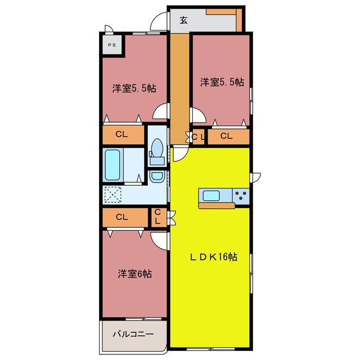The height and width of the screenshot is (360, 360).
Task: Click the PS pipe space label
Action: [x=112, y=45]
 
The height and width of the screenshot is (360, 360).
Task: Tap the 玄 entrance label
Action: [x=183, y=20]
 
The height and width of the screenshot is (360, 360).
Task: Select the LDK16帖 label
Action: [x=214, y=257]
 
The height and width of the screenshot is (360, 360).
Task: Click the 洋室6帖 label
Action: [x=135, y=274]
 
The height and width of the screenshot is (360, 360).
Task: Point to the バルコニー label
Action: [x=133, y=334]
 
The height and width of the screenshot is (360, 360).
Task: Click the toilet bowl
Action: [x=157, y=147]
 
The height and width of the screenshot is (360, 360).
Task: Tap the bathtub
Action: [x=112, y=165]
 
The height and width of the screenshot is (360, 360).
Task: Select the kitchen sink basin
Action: [x=211, y=196]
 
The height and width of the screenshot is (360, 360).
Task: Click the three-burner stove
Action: [x=241, y=196]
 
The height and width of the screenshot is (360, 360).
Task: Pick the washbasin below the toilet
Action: [x=157, y=176]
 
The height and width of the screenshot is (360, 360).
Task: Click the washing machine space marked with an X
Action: [x=112, y=195]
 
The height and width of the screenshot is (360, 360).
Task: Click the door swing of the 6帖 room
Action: [x=160, y=240]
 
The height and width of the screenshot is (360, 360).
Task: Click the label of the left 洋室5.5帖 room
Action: [x=134, y=88]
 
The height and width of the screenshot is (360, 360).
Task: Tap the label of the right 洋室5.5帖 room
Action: [x=222, y=82]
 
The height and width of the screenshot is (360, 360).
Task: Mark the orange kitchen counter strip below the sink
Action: [x=217, y=205]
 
